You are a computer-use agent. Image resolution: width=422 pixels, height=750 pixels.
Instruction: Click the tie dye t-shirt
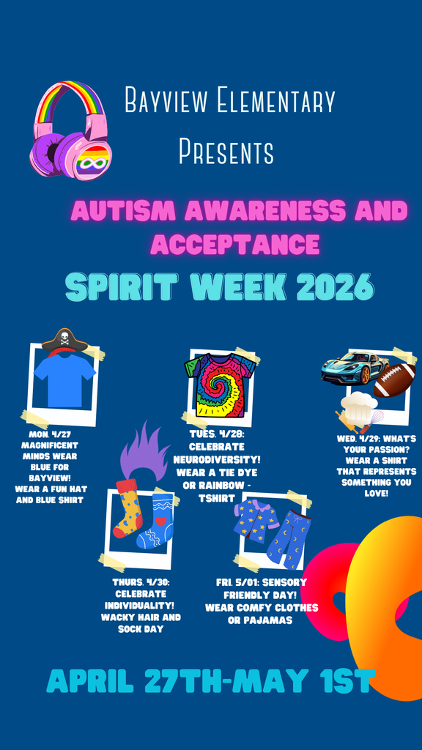click(x=220, y=384)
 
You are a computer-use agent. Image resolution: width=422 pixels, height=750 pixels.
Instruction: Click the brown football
click(x=394, y=380)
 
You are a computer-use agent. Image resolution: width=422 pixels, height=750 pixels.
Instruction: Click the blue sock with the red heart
click(x=156, y=521)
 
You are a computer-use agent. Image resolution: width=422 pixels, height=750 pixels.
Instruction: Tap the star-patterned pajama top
click(x=256, y=521)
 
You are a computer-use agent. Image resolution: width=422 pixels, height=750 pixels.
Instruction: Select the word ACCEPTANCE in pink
click(x=235, y=243)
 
